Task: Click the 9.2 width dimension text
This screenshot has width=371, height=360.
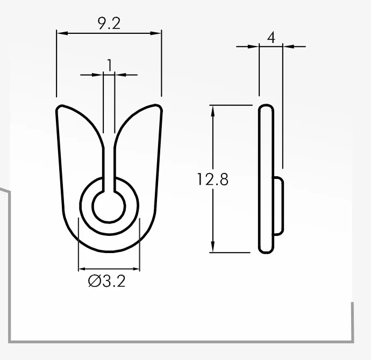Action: coord(109,24)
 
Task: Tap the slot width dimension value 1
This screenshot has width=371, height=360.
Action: coord(109,65)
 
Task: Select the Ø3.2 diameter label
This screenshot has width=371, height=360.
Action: coord(106,281)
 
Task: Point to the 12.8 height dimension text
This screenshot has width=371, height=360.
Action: coord(212,179)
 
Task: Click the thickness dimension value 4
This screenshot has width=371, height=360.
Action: coord(272,38)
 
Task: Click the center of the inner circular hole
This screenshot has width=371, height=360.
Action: coord(109,206)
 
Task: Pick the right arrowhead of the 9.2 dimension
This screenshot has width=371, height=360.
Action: coord(156,33)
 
